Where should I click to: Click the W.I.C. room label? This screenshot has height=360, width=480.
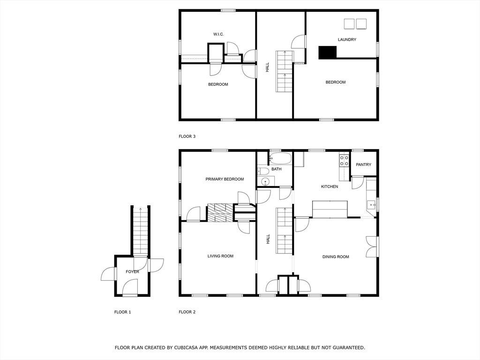coord(218,34)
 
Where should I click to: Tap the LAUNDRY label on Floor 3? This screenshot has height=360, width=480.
coord(347,39)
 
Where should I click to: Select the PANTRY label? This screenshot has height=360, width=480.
coord(363,165)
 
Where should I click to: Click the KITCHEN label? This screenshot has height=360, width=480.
coord(330,187)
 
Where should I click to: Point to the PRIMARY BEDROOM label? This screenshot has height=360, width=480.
coord(225,179)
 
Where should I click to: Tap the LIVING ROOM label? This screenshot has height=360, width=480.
coord(220,256)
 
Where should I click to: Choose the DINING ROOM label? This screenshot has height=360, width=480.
coord(336,257)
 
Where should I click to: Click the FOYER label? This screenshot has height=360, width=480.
coord(132,271)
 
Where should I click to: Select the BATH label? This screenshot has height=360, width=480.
coord(277,169)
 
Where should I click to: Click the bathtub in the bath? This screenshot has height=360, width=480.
coord(280,158)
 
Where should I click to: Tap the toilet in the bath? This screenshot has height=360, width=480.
coord(263,171)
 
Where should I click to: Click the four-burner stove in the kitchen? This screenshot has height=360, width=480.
coord(344,161)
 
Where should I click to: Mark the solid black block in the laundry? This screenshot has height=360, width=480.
coord(328,52)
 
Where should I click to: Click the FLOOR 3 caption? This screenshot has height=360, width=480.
coord(187,136)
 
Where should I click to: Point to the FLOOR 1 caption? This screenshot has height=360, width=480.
coord(122,312)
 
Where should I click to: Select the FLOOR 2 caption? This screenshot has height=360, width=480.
coord(187,312)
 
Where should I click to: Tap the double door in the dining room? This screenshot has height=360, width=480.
coord(372,247)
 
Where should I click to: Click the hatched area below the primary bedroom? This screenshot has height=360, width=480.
coord(220,212)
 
